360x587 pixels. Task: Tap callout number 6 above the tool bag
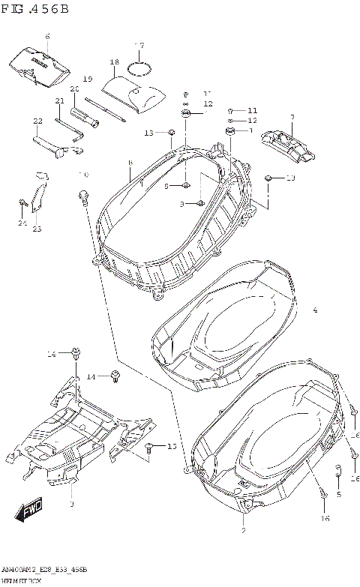point(47,36)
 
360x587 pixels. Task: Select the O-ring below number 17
point(138,69)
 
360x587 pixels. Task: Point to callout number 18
point(115,62)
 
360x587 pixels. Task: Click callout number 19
point(87,79)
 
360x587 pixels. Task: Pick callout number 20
point(74,89)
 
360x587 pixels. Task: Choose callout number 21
point(59,101)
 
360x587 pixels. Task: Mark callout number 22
point(37,120)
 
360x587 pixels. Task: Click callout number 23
point(37,229)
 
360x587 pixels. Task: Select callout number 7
point(292,117)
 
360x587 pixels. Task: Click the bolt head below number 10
point(82,196)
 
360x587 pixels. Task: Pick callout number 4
point(315,310)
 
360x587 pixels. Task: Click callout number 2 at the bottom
point(243,531)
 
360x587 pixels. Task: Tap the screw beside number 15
point(149,447)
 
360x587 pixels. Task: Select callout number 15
point(171,447)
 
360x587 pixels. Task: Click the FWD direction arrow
point(29,513)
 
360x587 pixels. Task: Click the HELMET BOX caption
point(23,582)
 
